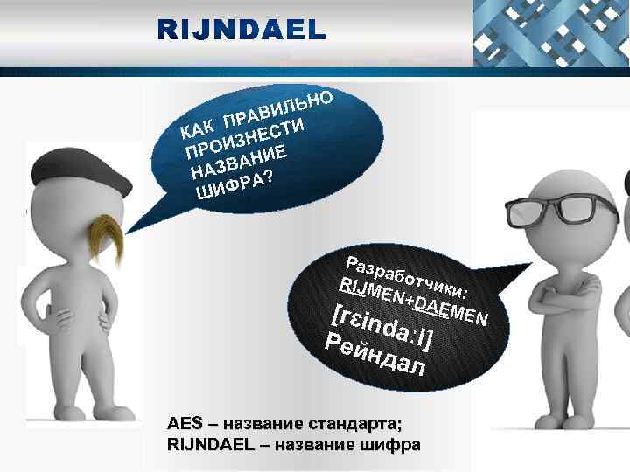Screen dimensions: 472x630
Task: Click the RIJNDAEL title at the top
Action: (x=241, y=30)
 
